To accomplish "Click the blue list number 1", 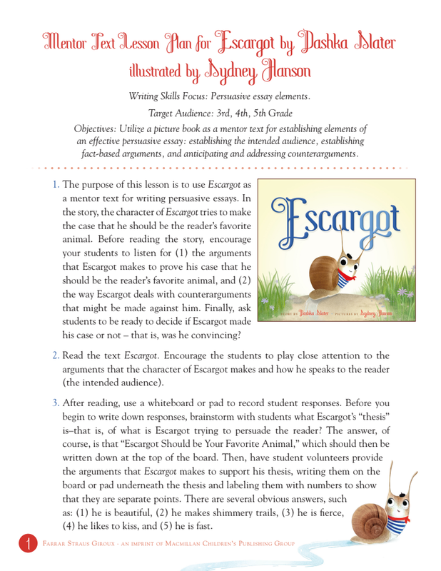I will click(x=56, y=184).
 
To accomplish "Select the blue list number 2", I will click(x=56, y=355).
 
